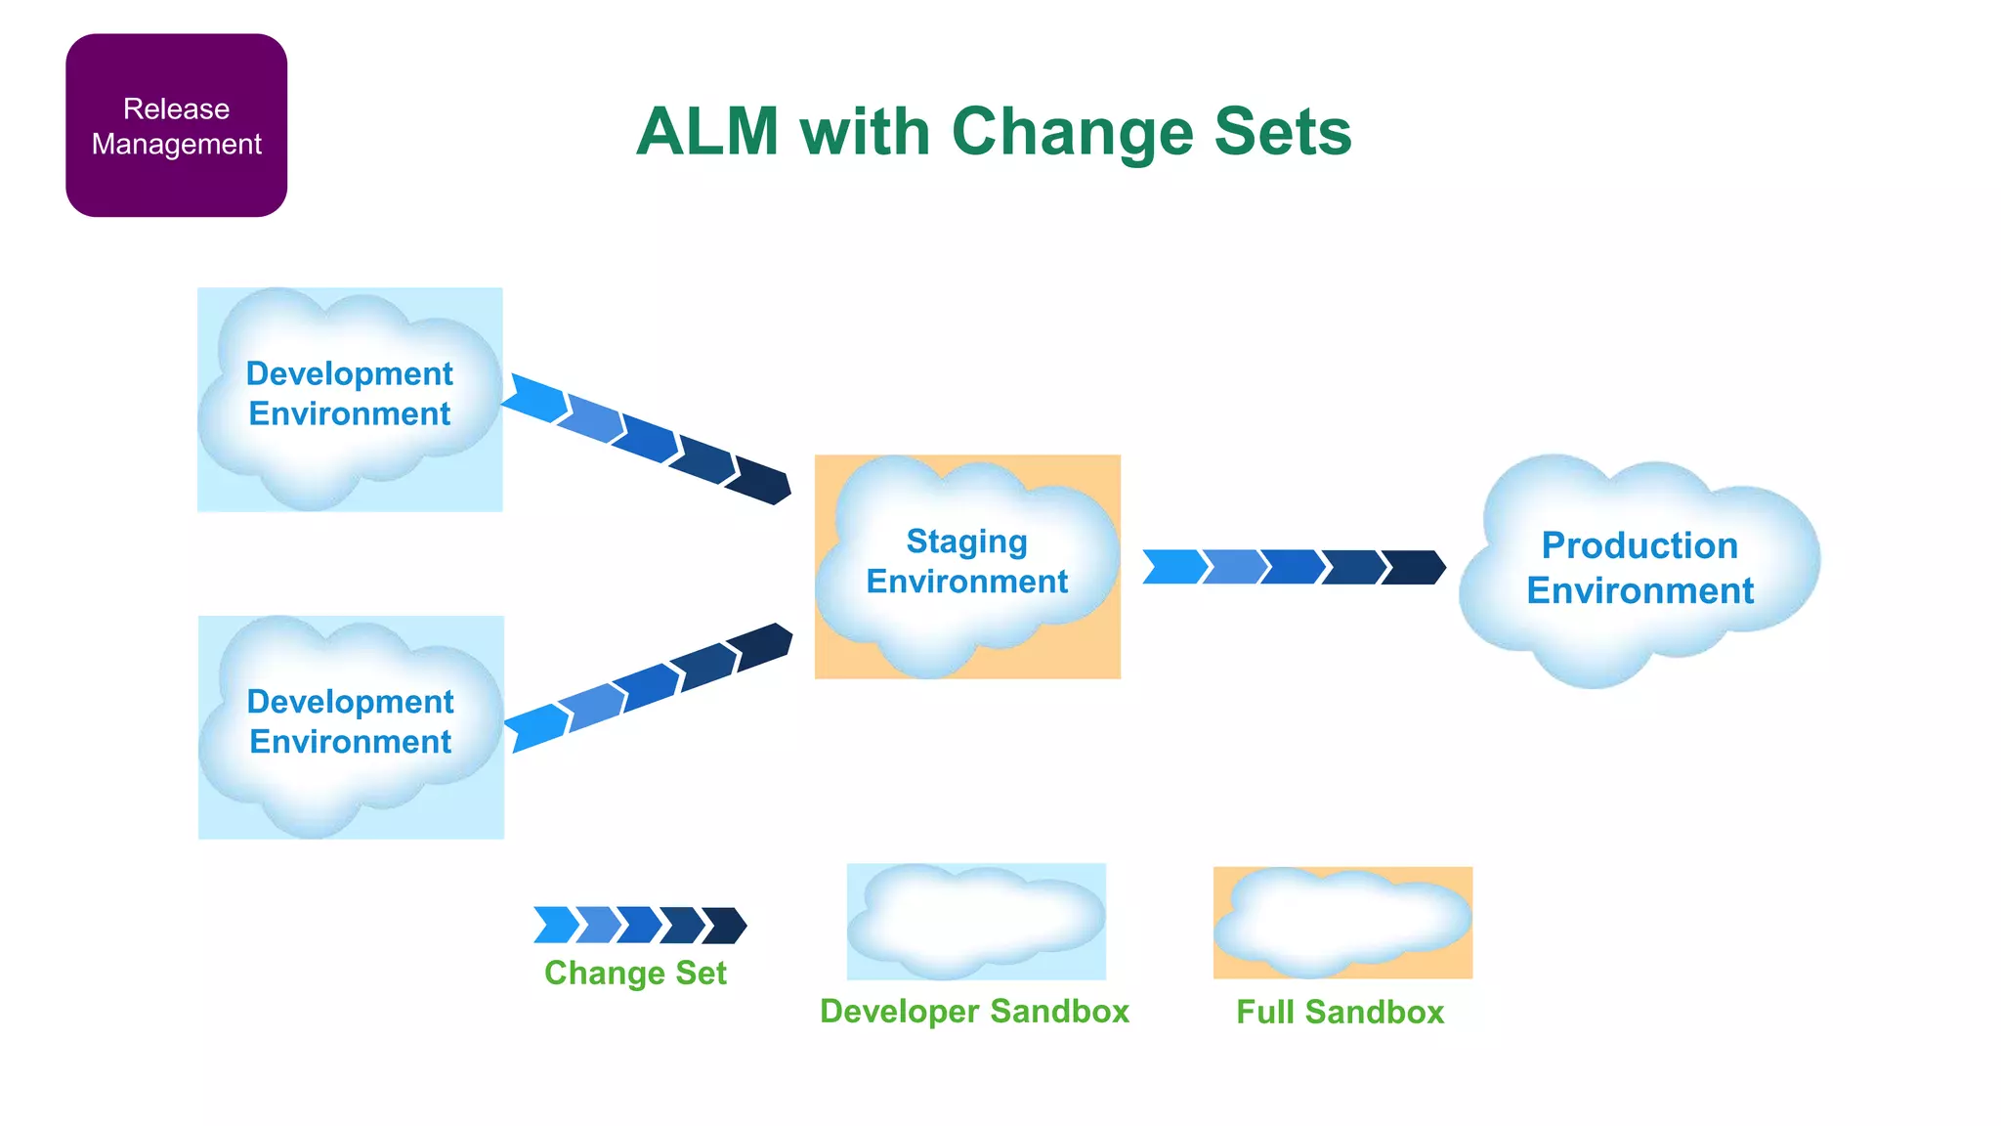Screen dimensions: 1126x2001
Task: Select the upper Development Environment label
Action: [350, 394]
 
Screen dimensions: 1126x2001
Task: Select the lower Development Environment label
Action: [350, 721]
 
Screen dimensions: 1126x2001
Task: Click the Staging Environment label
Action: [966, 561]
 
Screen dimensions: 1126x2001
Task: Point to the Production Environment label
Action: [1639, 568]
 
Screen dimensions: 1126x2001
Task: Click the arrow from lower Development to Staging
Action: [649, 687]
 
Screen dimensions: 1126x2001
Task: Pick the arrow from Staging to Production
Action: [1294, 567]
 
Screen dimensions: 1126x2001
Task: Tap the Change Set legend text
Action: [635, 974]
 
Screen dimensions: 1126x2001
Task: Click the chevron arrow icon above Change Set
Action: [640, 925]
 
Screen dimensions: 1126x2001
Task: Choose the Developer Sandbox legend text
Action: [974, 1012]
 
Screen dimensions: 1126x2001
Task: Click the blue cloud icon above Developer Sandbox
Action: [975, 921]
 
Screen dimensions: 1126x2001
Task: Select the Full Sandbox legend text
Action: [1340, 1013]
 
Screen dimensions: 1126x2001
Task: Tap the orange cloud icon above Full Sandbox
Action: [1342, 922]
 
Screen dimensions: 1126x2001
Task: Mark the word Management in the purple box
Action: [176, 145]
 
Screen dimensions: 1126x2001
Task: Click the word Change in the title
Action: [1072, 132]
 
